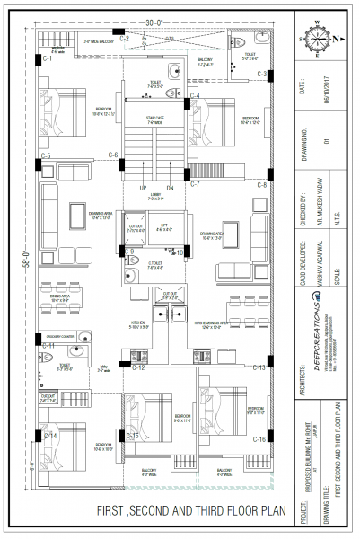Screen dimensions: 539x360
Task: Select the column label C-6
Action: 113,155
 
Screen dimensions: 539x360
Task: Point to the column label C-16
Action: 259,438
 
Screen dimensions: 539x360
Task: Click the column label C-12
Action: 138,367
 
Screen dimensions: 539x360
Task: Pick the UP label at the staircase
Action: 143,187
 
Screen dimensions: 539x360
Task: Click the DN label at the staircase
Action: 170,187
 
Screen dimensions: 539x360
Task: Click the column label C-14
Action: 51,437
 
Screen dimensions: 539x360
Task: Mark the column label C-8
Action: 262,184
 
